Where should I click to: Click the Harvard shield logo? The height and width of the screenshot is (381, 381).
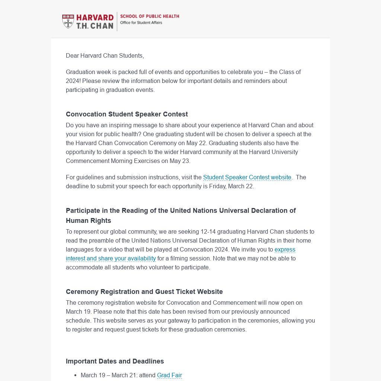pos(68,21)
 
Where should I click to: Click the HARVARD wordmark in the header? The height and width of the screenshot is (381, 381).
pos(95,18)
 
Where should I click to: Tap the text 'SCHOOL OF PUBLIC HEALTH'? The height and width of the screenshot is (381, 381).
pos(150,16)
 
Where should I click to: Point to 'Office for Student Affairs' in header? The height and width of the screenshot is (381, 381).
pos(141,23)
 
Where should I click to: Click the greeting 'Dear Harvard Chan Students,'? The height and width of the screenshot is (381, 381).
pos(105,56)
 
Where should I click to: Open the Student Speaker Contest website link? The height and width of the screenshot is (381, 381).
pos(247,177)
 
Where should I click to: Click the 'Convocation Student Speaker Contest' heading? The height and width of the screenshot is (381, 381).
pos(127,114)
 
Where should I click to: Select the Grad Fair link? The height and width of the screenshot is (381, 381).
pos(169,375)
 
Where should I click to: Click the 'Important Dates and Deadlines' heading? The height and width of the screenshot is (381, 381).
pos(115,361)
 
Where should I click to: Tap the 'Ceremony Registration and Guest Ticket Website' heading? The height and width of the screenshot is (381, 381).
pos(144,292)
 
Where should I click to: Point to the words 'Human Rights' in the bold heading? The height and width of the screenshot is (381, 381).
pos(89,221)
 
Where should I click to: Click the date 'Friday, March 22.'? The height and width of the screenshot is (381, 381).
pos(231,186)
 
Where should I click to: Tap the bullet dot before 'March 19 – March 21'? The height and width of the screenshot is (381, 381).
pos(76,375)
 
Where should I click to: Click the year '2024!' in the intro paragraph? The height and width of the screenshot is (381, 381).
pos(73,81)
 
